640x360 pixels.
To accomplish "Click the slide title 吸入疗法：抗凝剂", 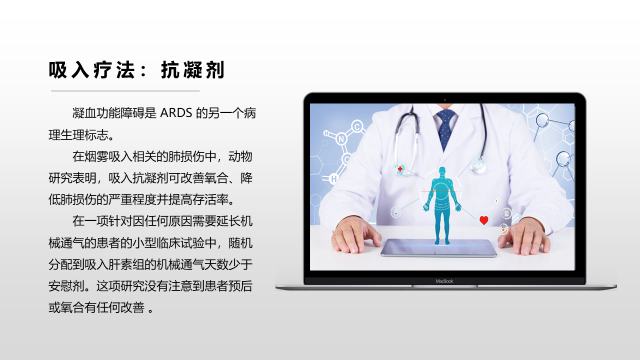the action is [x=136, y=69].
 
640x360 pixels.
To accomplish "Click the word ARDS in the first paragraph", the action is [x=176, y=113].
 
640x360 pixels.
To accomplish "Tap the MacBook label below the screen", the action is [x=444, y=281].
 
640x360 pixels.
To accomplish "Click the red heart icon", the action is [x=483, y=220].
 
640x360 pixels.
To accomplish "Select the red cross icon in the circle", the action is [x=400, y=169].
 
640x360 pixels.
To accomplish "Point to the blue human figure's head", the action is [x=442, y=171].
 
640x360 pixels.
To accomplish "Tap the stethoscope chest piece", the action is [x=478, y=164].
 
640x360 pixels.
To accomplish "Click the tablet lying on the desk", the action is [x=438, y=247].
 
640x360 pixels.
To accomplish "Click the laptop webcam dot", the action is [x=444, y=99].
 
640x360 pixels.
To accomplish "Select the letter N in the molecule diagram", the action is [x=341, y=139].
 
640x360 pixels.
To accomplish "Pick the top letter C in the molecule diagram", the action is [x=357, y=126].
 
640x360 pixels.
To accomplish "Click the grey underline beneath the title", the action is [x=125, y=91].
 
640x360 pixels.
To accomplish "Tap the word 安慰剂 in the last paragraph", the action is [x=66, y=285].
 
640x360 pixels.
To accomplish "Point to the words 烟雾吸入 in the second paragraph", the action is [x=108, y=156].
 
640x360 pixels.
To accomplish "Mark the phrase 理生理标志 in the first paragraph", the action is [x=78, y=135].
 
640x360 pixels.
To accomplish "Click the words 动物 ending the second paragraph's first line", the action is [x=240, y=156].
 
